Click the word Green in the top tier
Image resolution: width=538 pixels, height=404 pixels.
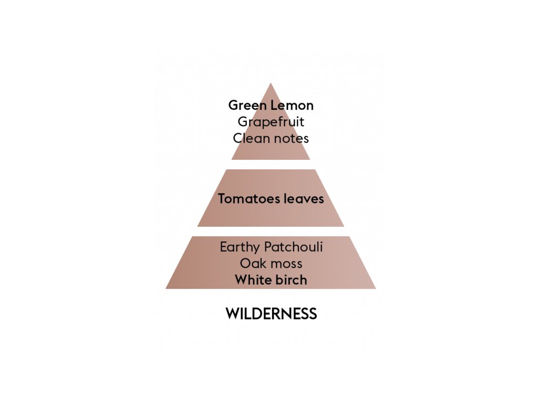point(247,105)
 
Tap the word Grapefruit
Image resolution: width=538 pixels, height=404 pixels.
point(271,122)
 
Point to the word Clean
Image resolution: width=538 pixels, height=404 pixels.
point(250,138)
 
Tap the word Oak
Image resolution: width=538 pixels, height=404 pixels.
point(252,263)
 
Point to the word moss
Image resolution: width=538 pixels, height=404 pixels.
point(286,263)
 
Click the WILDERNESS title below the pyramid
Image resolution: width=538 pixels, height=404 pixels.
point(271,314)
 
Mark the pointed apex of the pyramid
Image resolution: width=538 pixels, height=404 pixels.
point(271,84)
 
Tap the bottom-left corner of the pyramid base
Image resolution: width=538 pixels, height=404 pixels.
point(167,288)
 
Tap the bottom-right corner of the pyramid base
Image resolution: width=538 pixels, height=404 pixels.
point(375,288)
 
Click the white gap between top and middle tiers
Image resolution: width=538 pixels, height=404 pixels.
point(271,165)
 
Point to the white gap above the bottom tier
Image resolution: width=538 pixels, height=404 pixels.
point(271,231)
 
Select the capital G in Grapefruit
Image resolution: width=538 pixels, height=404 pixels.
point(243,122)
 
